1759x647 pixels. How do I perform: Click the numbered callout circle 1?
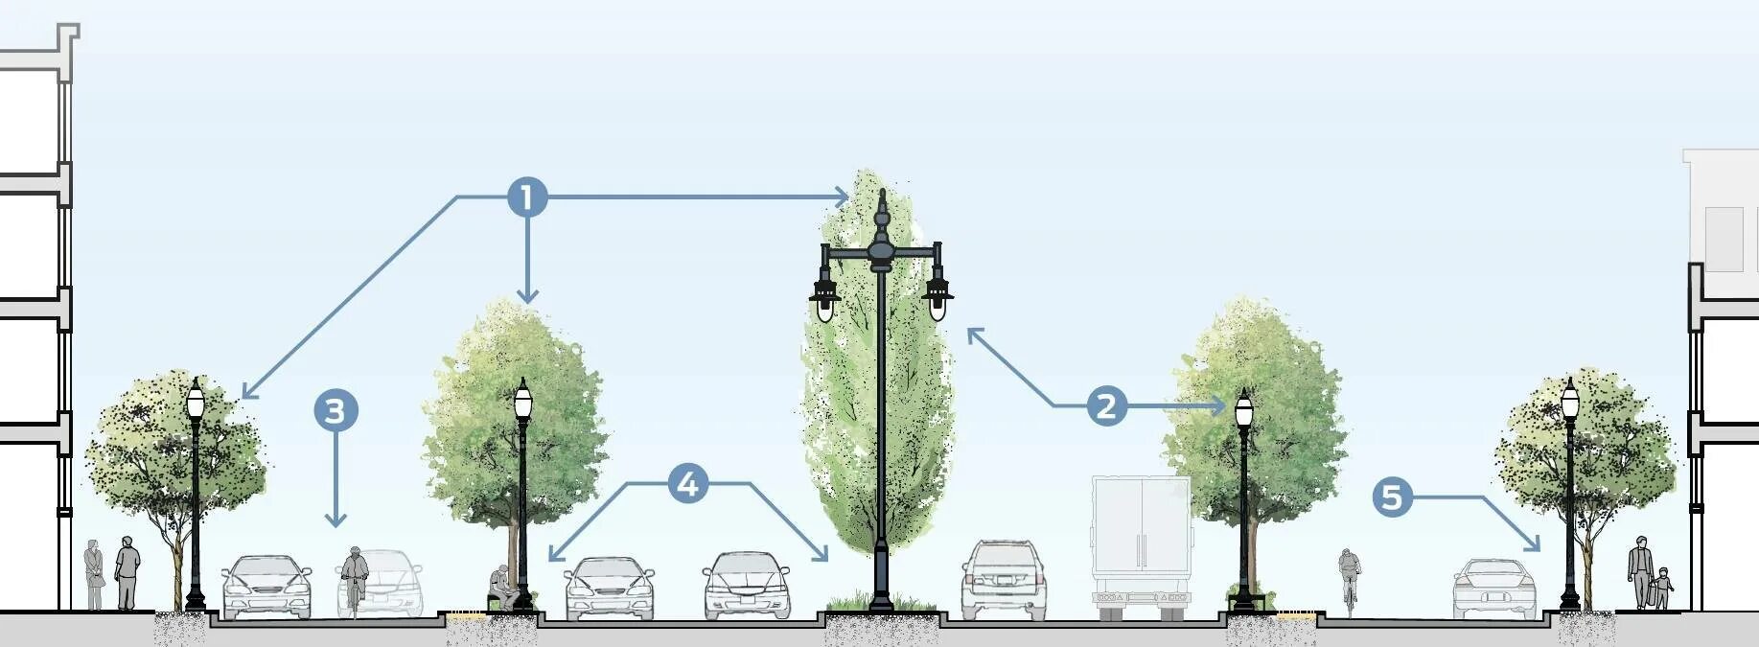point(526,197)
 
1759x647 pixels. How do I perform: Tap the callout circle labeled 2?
point(1106,405)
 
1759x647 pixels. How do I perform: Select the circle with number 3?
point(336,411)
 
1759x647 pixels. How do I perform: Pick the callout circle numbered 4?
point(688,484)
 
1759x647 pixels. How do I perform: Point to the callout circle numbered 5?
point(1392,497)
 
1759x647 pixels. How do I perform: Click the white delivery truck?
point(1141,542)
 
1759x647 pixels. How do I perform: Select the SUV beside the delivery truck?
point(1004,578)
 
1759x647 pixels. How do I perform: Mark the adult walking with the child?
point(1640,571)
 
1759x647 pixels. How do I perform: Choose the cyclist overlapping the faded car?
point(355,579)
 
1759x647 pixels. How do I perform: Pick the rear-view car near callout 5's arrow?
point(1493,588)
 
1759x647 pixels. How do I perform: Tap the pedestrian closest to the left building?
point(94,575)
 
